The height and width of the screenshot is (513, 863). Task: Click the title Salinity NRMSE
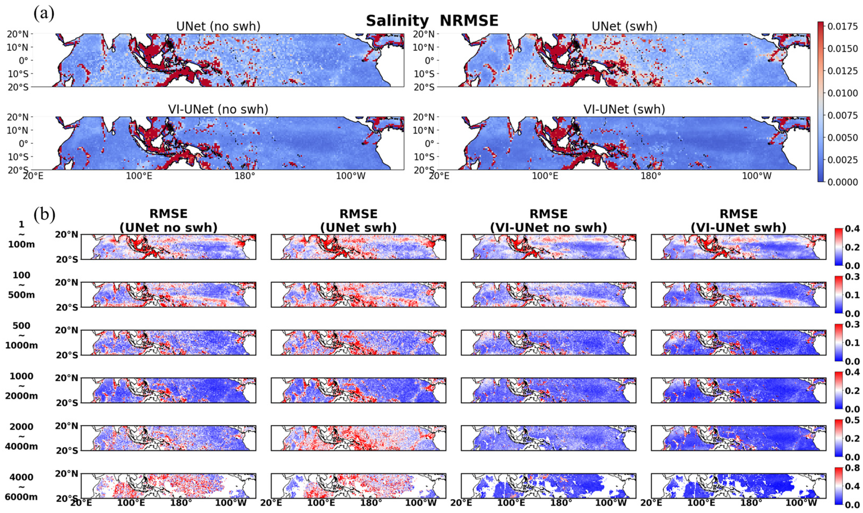pos(432,21)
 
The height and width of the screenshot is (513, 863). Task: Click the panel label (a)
pos(44,14)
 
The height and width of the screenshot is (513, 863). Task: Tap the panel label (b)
pos(44,215)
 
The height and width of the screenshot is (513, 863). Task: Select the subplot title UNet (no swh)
pos(218,27)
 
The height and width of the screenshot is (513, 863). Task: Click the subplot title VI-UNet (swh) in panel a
pos(624,109)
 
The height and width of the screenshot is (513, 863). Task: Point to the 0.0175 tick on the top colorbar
pos(843,27)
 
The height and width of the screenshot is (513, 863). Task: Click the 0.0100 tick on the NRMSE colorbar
pos(843,93)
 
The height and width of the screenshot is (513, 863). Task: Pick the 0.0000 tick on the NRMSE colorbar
pos(843,182)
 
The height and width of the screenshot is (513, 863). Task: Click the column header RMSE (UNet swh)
pos(358,221)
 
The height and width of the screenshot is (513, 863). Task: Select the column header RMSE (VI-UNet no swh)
pos(548,221)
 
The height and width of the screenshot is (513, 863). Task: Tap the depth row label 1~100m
pos(22,234)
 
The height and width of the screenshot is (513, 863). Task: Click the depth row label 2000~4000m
pos(22,436)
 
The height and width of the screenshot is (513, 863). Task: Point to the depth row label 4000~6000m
pos(22,487)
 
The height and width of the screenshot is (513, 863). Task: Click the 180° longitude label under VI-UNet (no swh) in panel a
pos(245,176)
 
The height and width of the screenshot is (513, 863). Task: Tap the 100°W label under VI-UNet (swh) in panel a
pos(757,176)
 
